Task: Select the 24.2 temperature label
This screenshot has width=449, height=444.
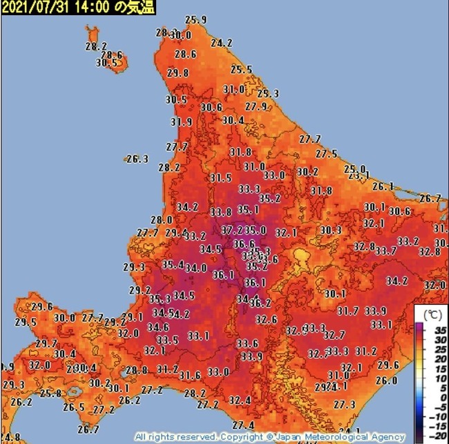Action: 221,43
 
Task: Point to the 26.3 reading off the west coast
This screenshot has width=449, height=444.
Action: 137,159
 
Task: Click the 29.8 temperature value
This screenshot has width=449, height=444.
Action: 178,73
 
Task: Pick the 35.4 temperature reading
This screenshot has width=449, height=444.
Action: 173,264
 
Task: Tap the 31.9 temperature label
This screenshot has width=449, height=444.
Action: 181,122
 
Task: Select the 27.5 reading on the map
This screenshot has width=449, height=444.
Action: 326,154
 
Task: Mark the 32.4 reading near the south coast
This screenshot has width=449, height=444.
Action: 240,400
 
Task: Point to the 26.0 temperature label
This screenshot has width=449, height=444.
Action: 386,380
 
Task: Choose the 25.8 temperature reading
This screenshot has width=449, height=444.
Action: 50,394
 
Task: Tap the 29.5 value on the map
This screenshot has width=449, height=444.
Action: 26,322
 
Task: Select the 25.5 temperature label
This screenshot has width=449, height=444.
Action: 241,70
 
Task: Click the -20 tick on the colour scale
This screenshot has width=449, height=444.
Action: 434,438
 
